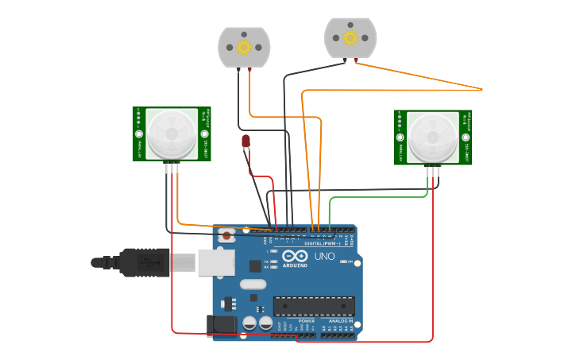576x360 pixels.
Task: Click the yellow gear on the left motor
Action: [244, 47]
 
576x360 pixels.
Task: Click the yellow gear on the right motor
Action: [350, 37]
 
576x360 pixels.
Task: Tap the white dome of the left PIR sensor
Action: [172, 133]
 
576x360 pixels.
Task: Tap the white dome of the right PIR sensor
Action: [433, 136]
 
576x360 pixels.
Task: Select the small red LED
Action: [246, 141]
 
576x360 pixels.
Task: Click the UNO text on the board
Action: [325, 256]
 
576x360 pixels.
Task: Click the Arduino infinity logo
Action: [296, 256]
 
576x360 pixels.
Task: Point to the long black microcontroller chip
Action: [314, 306]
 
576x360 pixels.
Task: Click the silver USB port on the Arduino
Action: [216, 262]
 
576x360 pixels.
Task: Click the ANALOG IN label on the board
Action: [342, 321]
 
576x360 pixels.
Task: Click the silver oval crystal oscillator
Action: [253, 284]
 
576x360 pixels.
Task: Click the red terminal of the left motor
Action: [250, 70]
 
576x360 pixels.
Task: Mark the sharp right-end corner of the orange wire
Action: [482, 89]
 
